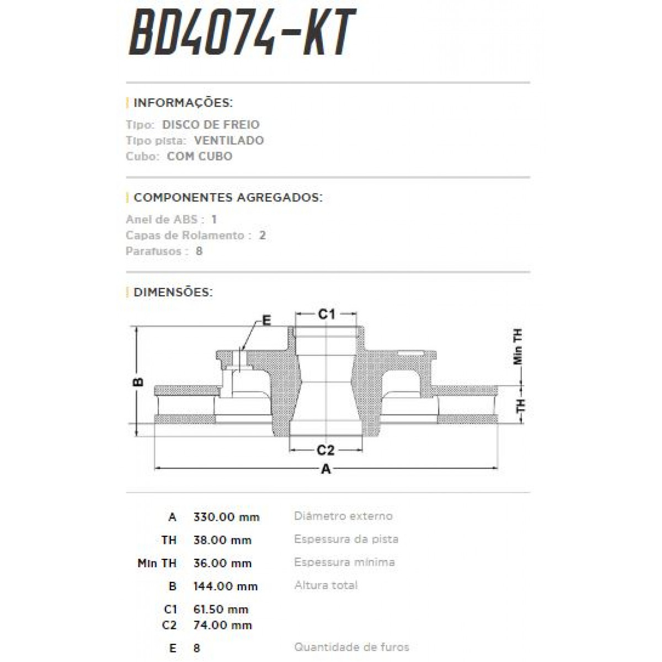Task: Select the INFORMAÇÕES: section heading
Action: [183, 103]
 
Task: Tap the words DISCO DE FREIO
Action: [211, 125]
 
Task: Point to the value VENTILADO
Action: [229, 141]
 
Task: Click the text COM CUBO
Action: [200, 156]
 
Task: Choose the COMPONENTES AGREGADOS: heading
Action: [228, 197]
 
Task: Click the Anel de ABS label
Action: [162, 220]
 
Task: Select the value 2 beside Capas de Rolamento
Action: [263, 236]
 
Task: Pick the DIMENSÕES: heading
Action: [173, 292]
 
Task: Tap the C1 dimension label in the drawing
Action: [327, 314]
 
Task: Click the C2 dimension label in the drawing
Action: [325, 450]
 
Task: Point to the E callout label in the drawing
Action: [266, 321]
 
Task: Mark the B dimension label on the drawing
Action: [139, 382]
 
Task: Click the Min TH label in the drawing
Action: [517, 346]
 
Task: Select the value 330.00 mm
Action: [226, 517]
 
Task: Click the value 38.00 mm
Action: [222, 540]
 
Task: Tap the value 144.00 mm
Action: [226, 586]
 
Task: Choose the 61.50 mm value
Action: [221, 610]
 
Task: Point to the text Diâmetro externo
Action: [343, 516]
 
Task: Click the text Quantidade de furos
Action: [351, 647]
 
